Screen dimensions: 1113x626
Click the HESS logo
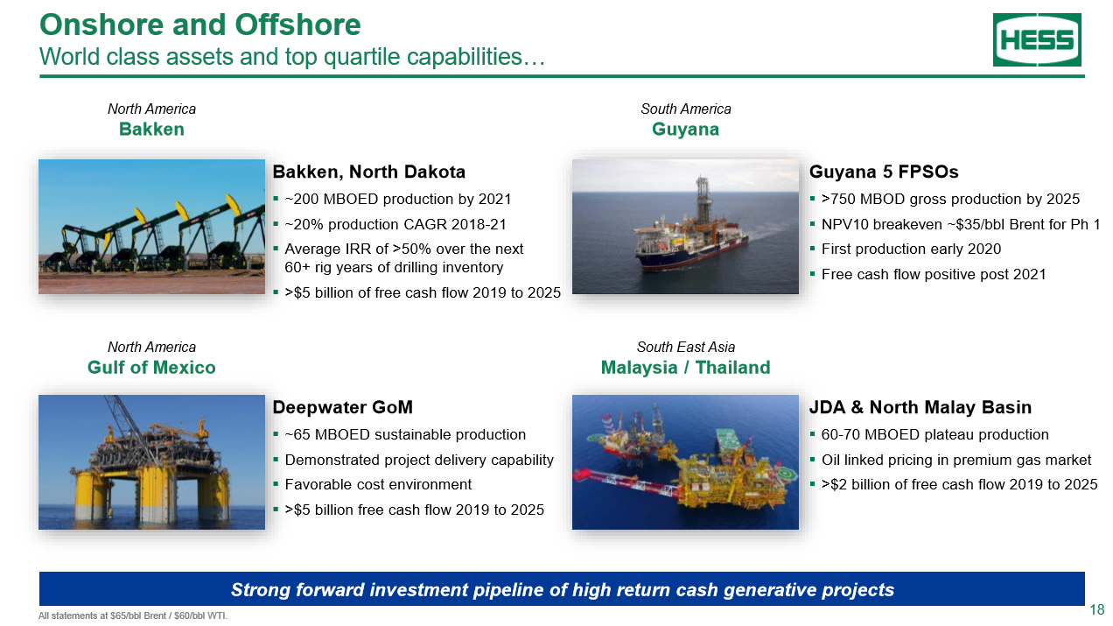[1037, 39]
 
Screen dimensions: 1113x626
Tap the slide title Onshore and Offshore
[199, 25]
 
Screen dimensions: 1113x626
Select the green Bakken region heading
[151, 130]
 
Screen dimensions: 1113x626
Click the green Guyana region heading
[685, 130]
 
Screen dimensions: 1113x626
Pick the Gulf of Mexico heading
[151, 368]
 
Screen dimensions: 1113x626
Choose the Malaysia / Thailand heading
[685, 368]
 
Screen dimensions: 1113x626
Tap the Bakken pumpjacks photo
[151, 227]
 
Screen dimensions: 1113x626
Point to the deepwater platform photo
[151, 462]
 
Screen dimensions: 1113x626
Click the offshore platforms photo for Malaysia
[685, 462]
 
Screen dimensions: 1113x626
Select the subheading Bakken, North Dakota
[368, 172]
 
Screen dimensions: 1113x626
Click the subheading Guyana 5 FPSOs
[884, 172]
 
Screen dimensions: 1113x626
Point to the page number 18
[1096, 609]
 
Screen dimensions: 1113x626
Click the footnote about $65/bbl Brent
[133, 615]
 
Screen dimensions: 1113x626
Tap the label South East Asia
[686, 347]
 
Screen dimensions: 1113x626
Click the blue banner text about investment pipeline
[562, 590]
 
